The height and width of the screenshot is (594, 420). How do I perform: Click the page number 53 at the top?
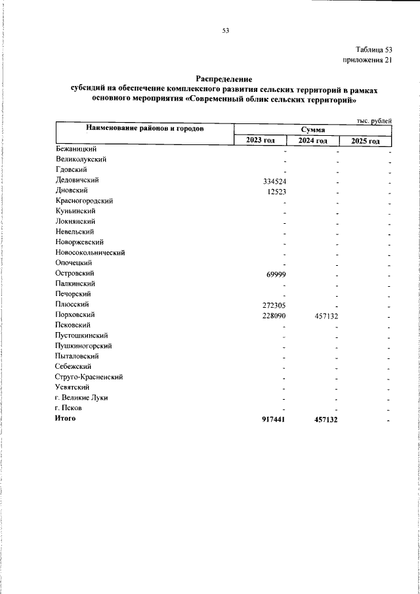[225, 30]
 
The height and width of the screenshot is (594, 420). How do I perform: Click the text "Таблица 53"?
[374, 50]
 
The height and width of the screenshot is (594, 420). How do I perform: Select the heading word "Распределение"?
[224, 78]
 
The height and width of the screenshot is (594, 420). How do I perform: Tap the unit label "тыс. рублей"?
[374, 120]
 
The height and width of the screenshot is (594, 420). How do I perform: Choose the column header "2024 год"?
[312, 140]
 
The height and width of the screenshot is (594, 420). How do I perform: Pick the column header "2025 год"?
[365, 140]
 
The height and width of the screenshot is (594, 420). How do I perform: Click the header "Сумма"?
[312, 130]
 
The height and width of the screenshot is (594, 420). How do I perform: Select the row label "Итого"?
[66, 419]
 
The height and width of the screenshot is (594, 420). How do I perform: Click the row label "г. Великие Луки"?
[82, 398]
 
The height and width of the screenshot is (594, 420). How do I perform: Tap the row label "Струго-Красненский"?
[89, 377]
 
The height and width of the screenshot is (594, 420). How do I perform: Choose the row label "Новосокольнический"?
[90, 253]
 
